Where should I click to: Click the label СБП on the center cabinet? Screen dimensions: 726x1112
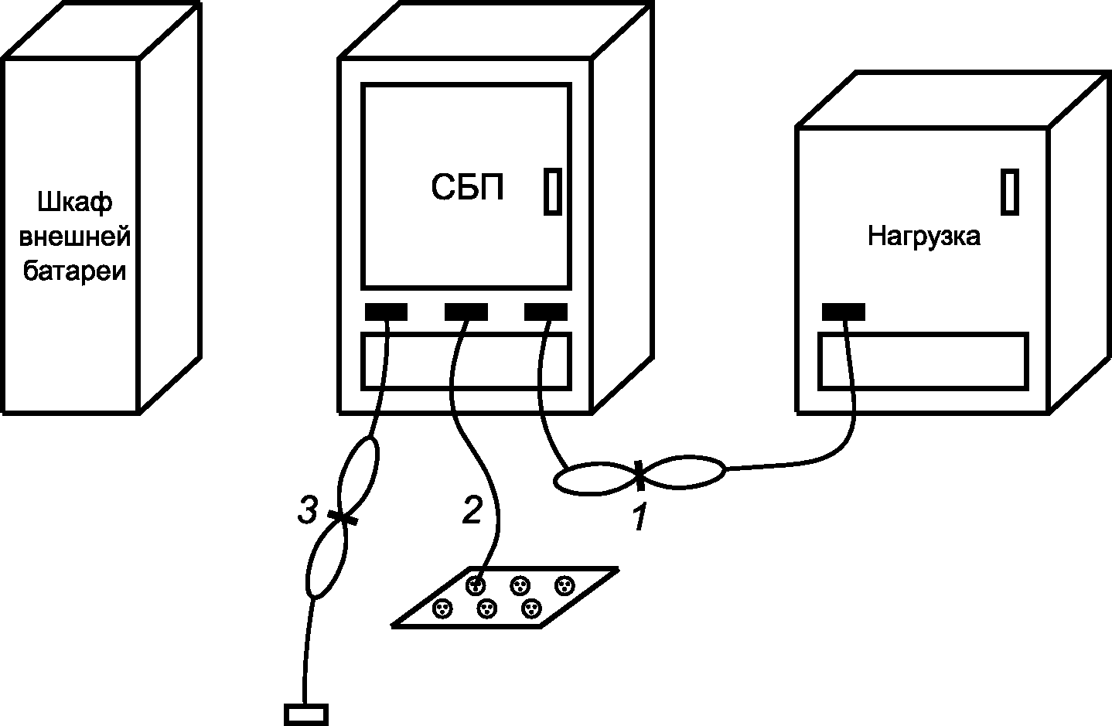click(x=467, y=188)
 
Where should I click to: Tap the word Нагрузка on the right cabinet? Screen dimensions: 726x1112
click(x=923, y=235)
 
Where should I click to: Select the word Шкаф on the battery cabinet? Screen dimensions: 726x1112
click(x=74, y=203)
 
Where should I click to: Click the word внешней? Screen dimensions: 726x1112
click(x=74, y=237)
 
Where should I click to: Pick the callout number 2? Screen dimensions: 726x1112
click(x=472, y=510)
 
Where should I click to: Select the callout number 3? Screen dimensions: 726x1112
click(x=308, y=510)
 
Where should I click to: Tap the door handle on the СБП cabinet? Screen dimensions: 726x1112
click(x=552, y=190)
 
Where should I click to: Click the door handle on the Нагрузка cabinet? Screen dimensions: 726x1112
click(x=1009, y=191)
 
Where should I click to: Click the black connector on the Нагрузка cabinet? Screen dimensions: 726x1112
click(x=843, y=312)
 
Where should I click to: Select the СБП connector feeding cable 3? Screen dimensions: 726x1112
click(x=386, y=312)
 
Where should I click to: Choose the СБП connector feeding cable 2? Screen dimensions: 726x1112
click(x=466, y=312)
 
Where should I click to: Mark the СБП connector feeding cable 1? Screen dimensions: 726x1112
click(x=546, y=312)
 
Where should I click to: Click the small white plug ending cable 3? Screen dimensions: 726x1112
click(x=306, y=714)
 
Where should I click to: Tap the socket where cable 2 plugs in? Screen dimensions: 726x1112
click(x=476, y=585)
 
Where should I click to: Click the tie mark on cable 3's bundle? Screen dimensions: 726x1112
click(x=341, y=517)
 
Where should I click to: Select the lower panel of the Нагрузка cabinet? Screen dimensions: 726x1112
click(x=923, y=361)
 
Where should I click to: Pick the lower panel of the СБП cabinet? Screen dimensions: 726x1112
click(x=466, y=361)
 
